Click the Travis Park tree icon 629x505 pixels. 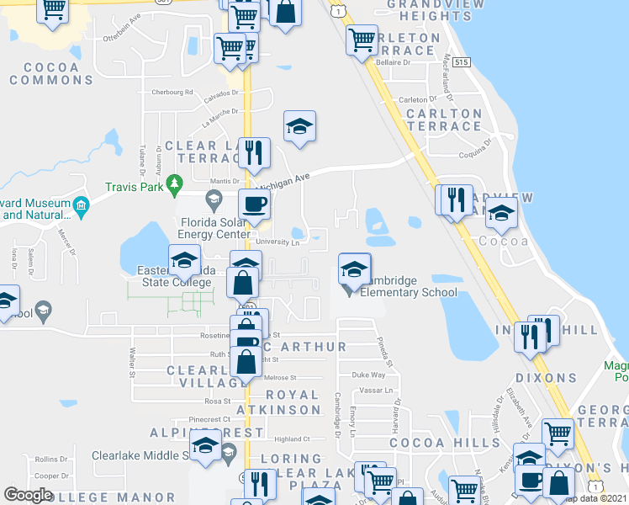pyautogui.click(x=174, y=183)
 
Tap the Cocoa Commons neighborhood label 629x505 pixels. pyautogui.click(x=51, y=73)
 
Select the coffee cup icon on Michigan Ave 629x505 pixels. pyautogui.click(x=254, y=203)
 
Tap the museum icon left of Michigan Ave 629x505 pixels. pyautogui.click(x=81, y=205)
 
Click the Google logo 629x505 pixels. pyautogui.click(x=29, y=495)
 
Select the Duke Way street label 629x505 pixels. pyautogui.click(x=367, y=375)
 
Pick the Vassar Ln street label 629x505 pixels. pyautogui.click(x=376, y=391)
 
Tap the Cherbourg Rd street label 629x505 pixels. pyautogui.click(x=167, y=93)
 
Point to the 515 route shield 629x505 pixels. pyautogui.click(x=460, y=62)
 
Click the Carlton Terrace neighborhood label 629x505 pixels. pyautogui.click(x=442, y=120)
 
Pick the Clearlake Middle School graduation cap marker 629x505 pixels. pyautogui.click(x=204, y=446)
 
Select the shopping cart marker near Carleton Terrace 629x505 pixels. pyautogui.click(x=362, y=39)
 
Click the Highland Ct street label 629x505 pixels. pyautogui.click(x=293, y=439)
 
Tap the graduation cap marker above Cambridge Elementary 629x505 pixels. pyautogui.click(x=354, y=268)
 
